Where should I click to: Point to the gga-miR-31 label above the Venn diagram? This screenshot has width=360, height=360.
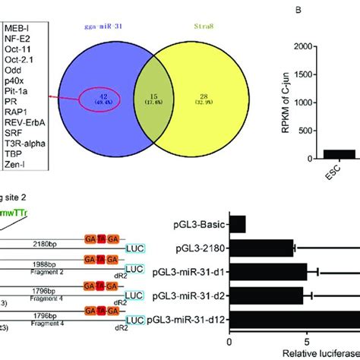click(x=116, y=25)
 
